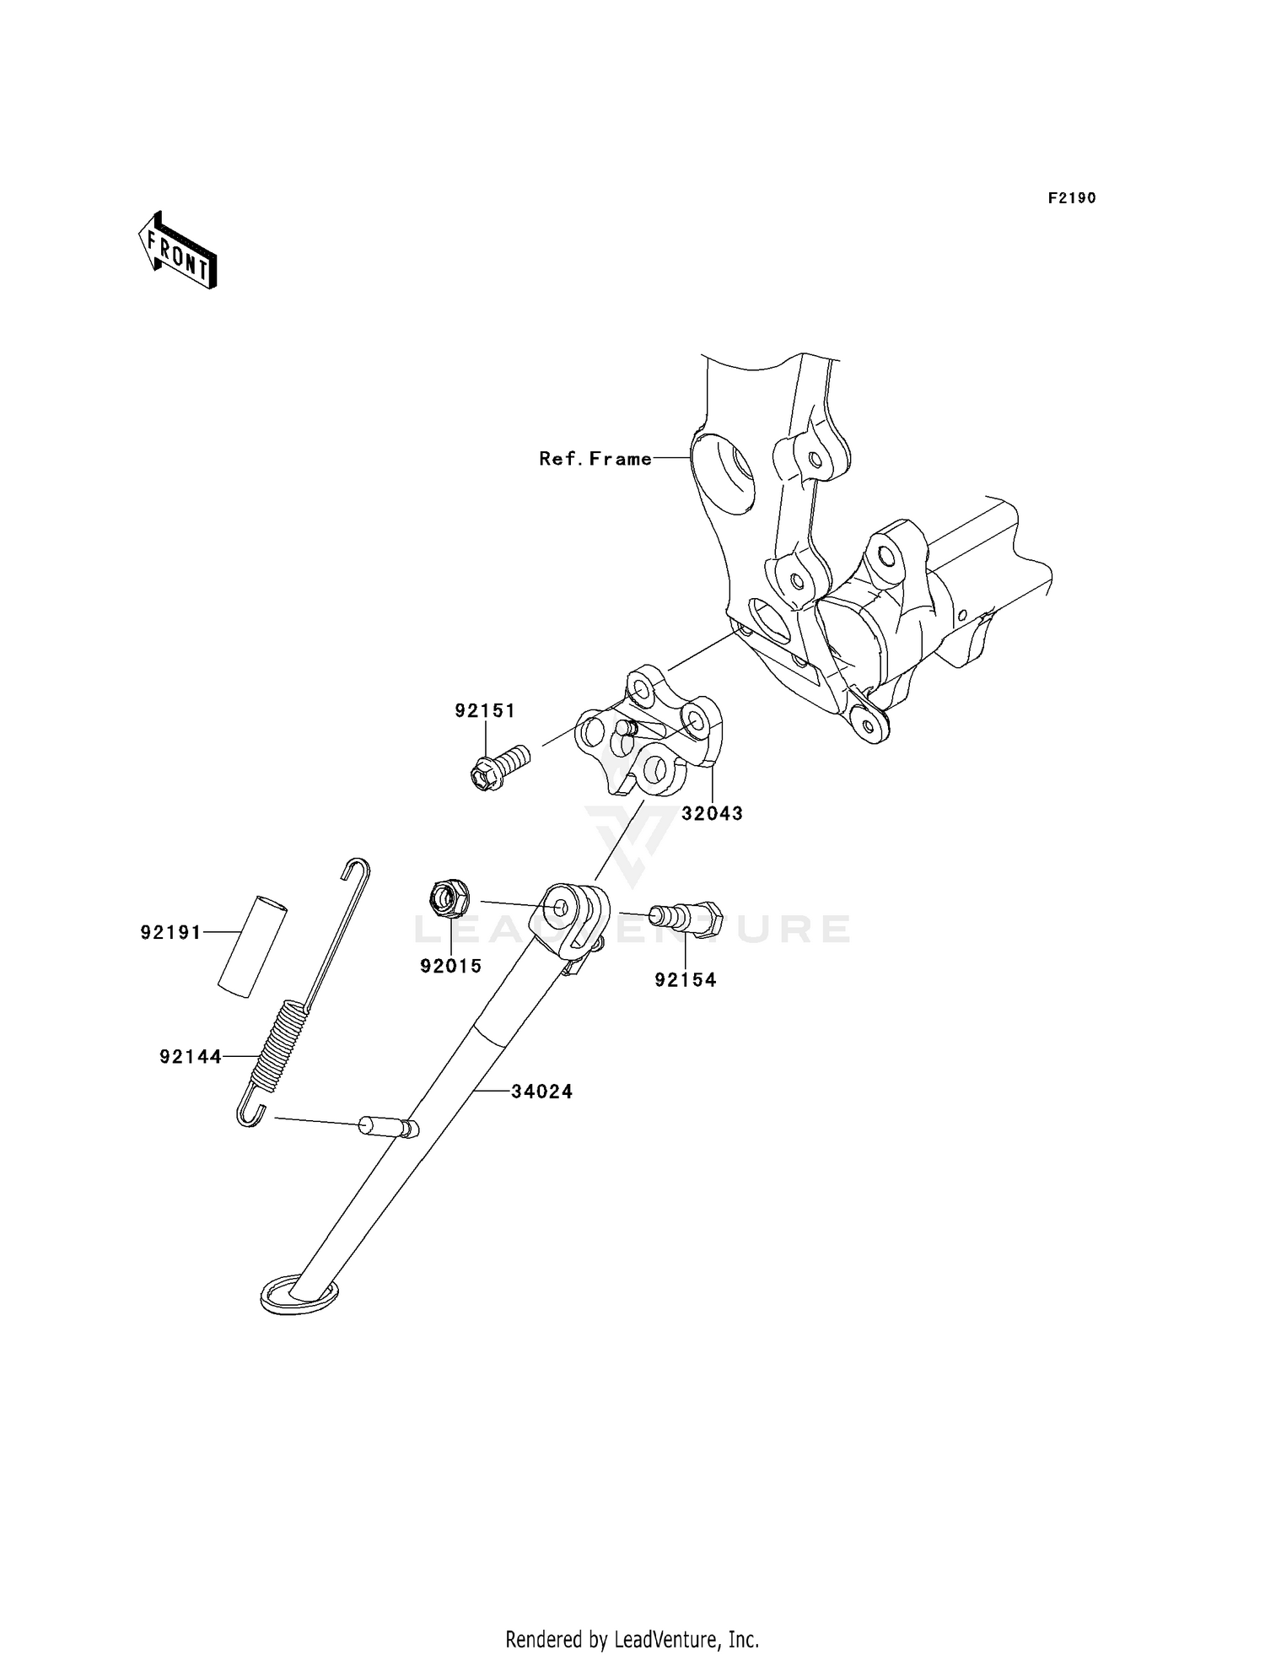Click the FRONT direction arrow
[178, 251]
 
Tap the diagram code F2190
[1072, 198]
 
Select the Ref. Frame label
[595, 459]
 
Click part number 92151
[485, 710]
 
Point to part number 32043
[712, 813]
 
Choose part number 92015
[451, 966]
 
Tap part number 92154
[686, 979]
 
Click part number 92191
[171, 932]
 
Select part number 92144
[191, 1056]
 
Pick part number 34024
[542, 1092]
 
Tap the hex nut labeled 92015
[449, 898]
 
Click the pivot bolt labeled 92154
[685, 916]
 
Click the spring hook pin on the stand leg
[389, 1127]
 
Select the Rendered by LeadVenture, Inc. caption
[632, 1640]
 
